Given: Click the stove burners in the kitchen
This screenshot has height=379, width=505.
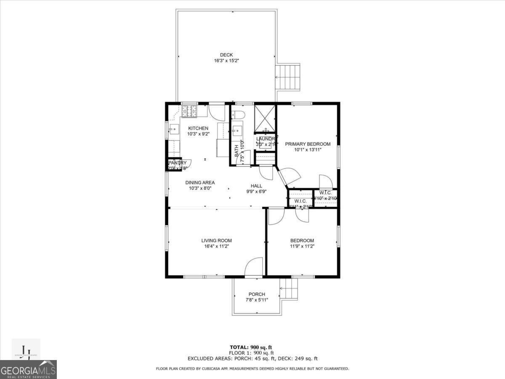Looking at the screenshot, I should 189,111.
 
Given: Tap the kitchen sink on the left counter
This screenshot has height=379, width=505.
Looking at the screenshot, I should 173,129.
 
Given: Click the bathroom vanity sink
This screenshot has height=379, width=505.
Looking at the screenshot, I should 237,129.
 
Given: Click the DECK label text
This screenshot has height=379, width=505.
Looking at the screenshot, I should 226,55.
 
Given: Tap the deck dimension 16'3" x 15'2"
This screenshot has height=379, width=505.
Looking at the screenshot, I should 226,61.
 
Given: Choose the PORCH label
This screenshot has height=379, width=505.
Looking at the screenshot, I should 257,294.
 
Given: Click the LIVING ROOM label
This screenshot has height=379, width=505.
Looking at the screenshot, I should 216,240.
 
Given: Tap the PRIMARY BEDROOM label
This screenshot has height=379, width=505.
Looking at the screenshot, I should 308,144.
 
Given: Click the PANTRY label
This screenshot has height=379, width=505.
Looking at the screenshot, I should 177,163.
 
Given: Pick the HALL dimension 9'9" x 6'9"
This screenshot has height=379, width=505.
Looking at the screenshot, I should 256,191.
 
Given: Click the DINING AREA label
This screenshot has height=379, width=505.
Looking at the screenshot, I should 200,182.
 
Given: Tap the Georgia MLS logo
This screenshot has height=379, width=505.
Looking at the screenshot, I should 28,369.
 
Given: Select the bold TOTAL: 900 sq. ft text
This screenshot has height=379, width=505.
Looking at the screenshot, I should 252,347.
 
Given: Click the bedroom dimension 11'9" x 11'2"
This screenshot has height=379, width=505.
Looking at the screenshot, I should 302,246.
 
